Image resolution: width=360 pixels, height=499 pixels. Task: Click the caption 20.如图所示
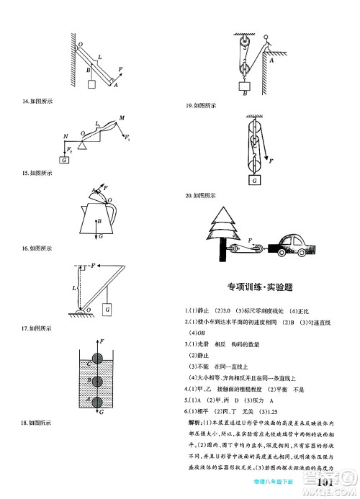click(x=201, y=195)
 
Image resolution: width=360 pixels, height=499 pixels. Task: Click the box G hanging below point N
click(x=66, y=159)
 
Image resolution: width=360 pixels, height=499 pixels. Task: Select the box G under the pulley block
click(x=253, y=180)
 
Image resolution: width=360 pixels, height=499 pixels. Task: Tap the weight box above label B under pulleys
click(x=246, y=87)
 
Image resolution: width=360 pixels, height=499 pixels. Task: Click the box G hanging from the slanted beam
click(x=107, y=309)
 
